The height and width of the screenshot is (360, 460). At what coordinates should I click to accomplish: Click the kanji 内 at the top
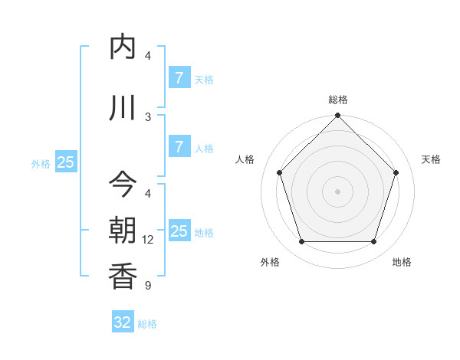tap(123, 47)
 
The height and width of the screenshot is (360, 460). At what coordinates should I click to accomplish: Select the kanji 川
tap(123, 107)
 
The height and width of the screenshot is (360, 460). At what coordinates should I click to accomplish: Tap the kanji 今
tap(123, 184)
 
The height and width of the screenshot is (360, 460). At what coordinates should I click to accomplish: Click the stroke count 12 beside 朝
tap(148, 240)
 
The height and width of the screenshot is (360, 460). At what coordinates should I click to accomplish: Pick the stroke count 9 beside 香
tap(148, 286)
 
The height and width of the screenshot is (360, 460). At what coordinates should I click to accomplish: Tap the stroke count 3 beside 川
tap(148, 116)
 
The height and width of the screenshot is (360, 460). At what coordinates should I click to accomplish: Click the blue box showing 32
tap(123, 322)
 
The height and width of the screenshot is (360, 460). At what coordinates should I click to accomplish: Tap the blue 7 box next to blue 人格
tap(179, 148)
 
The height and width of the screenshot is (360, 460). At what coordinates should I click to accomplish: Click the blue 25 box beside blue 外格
tap(65, 162)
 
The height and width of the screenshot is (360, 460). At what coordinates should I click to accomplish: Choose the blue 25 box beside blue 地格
tap(179, 231)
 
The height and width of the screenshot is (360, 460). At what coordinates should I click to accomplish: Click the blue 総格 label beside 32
tap(147, 324)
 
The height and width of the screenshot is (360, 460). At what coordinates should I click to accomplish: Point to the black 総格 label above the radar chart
tap(337, 100)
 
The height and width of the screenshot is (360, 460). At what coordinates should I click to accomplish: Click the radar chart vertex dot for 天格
tap(396, 172)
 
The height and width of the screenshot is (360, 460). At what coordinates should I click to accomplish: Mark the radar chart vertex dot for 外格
tap(301, 242)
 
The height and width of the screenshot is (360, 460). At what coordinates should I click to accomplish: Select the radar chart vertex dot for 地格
tap(373, 242)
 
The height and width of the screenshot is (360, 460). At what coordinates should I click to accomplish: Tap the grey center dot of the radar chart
tap(337, 191)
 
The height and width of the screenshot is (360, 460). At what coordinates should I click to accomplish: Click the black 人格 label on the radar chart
tap(245, 159)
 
